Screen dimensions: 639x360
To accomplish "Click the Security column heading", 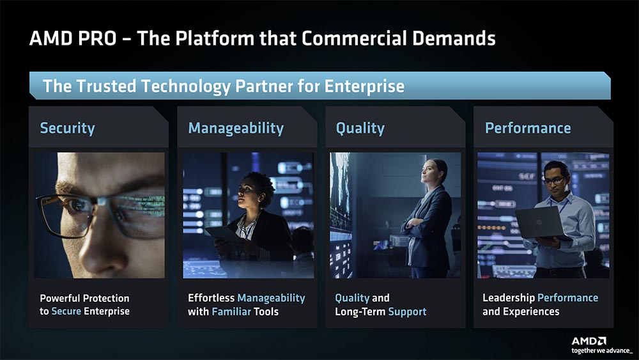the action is (x=67, y=128).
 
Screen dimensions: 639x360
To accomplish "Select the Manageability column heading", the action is (x=236, y=129).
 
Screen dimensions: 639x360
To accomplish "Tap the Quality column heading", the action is (x=360, y=129).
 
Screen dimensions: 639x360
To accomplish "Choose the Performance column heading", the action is (x=528, y=128).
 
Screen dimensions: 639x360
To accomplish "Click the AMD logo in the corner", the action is (x=589, y=341).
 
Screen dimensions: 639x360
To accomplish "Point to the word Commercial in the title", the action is (x=354, y=38).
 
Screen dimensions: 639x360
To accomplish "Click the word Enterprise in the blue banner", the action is (x=364, y=86).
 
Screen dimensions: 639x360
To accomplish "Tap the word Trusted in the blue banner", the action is (x=106, y=86).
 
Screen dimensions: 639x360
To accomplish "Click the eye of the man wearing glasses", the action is (x=76, y=206).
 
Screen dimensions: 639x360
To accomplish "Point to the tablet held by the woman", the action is (x=222, y=235).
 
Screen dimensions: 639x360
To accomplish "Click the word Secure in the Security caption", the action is (x=66, y=311).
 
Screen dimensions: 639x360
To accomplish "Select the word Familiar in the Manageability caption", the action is (x=231, y=312).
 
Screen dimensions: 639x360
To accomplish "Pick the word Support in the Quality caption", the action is (x=407, y=312).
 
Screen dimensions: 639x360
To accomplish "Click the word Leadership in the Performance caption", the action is (x=509, y=298).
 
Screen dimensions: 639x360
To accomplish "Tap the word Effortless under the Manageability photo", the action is (x=211, y=298).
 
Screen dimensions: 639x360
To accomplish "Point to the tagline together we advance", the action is (x=602, y=350).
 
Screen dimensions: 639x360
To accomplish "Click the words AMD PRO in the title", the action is (x=73, y=38).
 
